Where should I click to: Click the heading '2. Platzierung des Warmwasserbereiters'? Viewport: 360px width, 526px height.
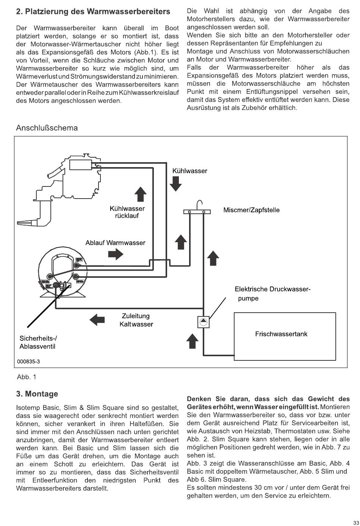(93, 12)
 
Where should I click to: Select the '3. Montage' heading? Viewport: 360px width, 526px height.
(37, 394)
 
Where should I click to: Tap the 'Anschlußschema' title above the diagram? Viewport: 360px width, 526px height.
(47, 128)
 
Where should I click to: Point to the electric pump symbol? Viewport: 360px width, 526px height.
(203, 322)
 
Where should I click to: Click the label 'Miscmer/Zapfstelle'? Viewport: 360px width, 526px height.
(251, 210)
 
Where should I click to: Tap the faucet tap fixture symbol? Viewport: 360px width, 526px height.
(197, 210)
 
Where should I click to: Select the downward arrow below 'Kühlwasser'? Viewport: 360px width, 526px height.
(175, 184)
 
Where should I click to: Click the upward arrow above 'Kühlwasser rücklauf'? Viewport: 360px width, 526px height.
(141, 194)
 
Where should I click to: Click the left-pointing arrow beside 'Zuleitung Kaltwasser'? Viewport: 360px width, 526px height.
(97, 320)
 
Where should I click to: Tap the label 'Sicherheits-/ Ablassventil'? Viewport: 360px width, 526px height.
(38, 342)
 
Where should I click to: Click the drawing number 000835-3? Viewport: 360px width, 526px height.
(28, 362)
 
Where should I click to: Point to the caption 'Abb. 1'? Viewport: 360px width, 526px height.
(27, 377)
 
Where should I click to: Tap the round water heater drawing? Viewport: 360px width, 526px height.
(63, 271)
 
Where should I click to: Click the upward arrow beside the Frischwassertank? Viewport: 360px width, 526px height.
(193, 341)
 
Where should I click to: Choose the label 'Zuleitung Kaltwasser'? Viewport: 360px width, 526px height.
(136, 320)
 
